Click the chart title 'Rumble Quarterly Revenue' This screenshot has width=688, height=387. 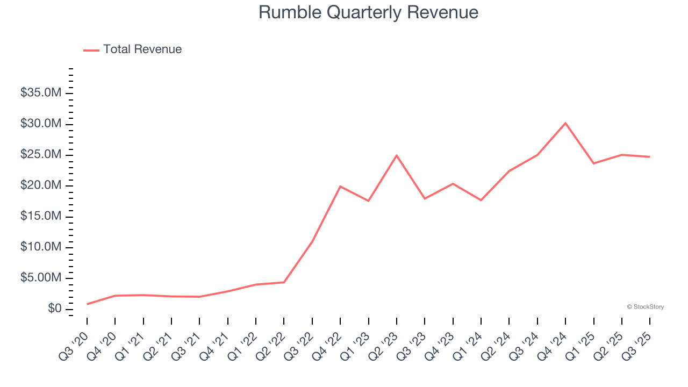(x=368, y=12)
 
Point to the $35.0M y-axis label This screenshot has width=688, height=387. (x=41, y=93)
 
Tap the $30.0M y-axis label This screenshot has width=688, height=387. (x=41, y=124)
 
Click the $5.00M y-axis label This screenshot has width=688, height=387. (x=41, y=278)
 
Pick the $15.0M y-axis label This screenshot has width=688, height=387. (x=41, y=216)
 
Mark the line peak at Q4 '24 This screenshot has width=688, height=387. (x=565, y=123)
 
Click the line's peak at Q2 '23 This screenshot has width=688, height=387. (x=397, y=155)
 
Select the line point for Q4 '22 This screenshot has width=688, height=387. (x=340, y=187)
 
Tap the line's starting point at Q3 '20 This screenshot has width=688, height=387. (x=87, y=304)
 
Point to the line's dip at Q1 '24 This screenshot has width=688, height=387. (x=481, y=200)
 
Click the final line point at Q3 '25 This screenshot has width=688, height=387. (x=650, y=157)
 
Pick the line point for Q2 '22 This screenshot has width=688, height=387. (x=284, y=282)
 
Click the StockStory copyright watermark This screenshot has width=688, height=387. (x=645, y=307)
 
